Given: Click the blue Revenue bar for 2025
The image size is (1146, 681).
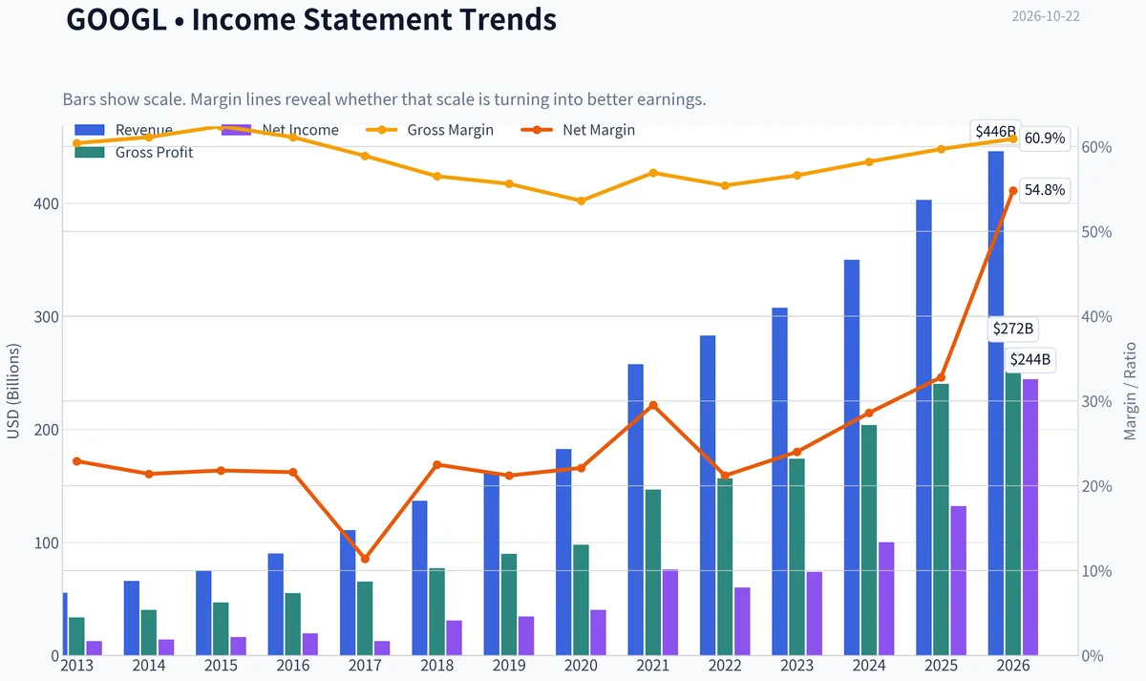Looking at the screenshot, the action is pos(923,427).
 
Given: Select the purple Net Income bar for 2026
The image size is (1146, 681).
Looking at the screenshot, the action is pos(1030,517).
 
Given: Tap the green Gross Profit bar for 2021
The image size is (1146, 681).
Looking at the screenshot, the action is pos(653,572).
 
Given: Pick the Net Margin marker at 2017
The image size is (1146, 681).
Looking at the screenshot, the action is pos(365,559).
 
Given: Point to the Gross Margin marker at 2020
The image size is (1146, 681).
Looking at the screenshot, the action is pos(581,202).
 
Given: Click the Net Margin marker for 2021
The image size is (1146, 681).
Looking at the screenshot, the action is pos(653,405).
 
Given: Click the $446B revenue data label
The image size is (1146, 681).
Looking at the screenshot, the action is pos(995,132).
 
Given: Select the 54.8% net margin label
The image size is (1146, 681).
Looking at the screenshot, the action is pos(1045,190).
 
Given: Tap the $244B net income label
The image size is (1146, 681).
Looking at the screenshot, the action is pos(1029,359).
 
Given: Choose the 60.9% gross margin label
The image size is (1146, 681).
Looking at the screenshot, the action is pos(1045,138).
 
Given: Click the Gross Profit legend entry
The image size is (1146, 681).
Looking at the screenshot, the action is pos(134,152).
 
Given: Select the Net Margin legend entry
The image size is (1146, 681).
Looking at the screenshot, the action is pos(578,130).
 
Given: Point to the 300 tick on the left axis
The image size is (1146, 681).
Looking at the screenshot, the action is pos(47,317).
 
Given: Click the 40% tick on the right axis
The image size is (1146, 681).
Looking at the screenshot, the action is pos(1097,317).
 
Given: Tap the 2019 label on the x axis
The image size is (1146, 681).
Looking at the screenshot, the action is pos(508,665).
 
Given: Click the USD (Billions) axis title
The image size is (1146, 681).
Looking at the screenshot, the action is pos(12,392).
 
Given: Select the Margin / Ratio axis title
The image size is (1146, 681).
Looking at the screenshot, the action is pos(1130,392).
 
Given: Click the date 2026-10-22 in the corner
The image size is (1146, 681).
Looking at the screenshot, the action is pos(1046,16).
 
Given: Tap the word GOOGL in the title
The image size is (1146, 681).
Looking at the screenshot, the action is pos(117,19).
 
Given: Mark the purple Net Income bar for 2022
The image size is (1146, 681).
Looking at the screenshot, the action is pos(742,621).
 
